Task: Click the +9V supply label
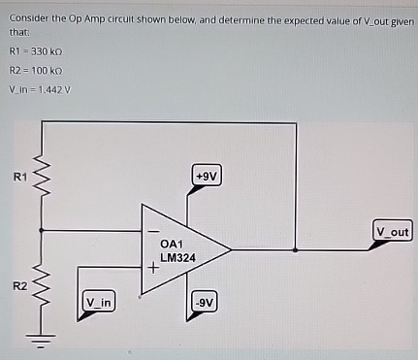[x=206, y=177]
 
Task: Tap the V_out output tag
[x=393, y=232]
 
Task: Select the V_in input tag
[x=100, y=303]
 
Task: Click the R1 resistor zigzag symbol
[x=43, y=178]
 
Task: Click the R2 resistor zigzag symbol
[x=43, y=286]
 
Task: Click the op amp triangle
[x=184, y=250]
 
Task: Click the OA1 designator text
[x=172, y=244]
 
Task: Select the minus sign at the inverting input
[x=151, y=233]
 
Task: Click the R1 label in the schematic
[x=17, y=177]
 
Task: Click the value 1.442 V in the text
[x=53, y=90]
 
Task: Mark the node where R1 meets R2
[x=43, y=231]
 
